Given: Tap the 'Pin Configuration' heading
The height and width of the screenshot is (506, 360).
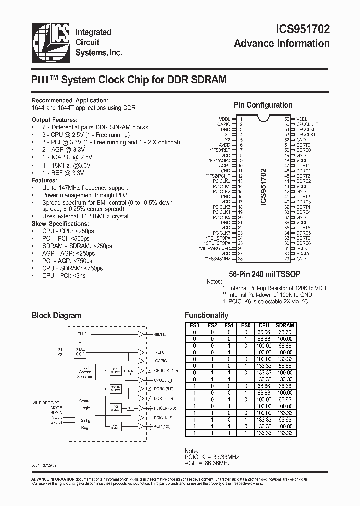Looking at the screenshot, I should pyautogui.click(x=263, y=105).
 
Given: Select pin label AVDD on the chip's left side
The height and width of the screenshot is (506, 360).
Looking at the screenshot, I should pyautogui.click(x=224, y=145).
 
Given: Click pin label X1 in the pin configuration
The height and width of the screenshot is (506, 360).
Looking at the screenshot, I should pyautogui.click(x=227, y=134).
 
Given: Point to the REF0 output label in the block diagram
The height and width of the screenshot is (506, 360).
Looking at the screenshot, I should pyautogui.click(x=160, y=352).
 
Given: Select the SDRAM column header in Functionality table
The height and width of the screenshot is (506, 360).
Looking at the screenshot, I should pyautogui.click(x=284, y=325).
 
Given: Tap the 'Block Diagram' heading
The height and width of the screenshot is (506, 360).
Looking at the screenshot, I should pyautogui.click(x=56, y=316).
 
